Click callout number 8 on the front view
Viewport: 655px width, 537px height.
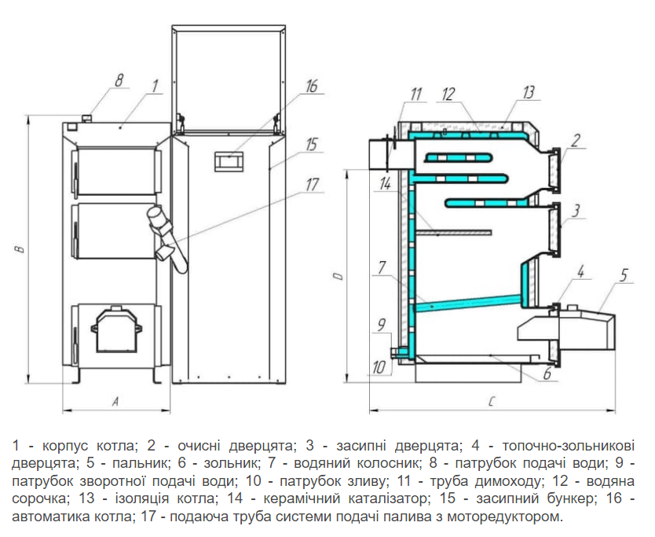point(119,79)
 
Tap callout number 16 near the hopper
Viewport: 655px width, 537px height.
point(311,86)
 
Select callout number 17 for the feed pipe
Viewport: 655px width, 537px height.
point(312,186)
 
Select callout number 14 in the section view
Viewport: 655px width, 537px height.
point(385,185)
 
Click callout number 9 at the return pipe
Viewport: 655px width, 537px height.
point(382,323)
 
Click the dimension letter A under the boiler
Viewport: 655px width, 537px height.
point(115,402)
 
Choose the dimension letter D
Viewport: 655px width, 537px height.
point(338,276)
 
